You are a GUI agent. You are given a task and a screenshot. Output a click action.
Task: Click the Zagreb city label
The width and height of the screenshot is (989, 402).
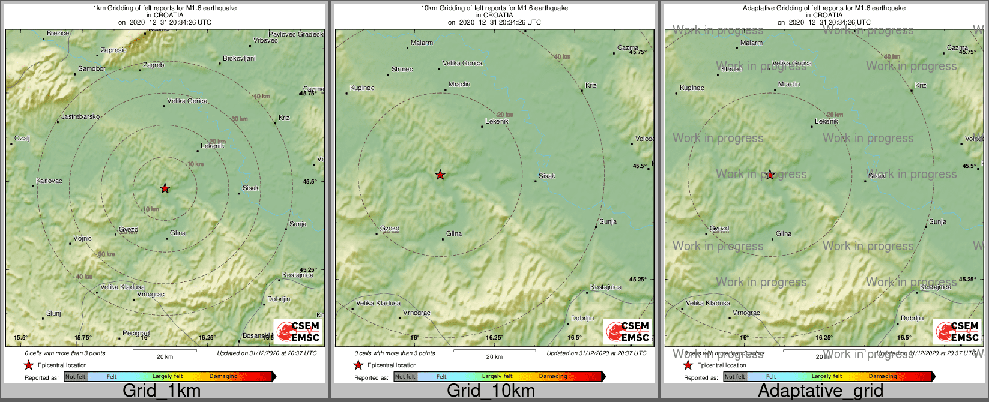pos(153,65)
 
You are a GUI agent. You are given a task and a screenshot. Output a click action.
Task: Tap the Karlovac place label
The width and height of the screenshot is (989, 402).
pos(49,181)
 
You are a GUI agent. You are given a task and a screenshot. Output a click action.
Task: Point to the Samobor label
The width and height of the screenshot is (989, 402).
pos(92,68)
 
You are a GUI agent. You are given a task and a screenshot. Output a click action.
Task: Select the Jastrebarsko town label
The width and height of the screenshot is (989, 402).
pos(80,116)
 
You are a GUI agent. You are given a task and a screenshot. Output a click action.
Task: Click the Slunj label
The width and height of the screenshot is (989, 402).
pos(53,313)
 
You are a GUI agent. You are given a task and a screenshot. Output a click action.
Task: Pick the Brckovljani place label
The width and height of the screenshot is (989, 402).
pos(239,58)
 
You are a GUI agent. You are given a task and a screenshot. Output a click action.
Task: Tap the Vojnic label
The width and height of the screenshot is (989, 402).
pos(83,238)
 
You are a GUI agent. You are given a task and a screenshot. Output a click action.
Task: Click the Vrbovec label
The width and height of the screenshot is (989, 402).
pos(265,40)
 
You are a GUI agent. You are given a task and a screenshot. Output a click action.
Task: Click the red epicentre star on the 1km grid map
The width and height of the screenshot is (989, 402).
pos(165,188)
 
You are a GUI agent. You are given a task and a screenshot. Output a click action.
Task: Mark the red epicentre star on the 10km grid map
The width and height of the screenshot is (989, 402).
pos(440,175)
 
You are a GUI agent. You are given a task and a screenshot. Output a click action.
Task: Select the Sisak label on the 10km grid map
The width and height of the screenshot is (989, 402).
pos(547,176)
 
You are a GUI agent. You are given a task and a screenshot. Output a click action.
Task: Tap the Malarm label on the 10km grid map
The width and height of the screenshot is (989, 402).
pos(422,43)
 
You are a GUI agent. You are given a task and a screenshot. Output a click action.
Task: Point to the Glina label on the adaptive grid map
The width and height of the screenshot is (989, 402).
pos(784,233)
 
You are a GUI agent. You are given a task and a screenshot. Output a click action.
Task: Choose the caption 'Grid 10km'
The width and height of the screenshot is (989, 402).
pos(491,391)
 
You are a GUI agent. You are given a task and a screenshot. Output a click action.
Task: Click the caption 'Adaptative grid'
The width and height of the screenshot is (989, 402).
pos(820,391)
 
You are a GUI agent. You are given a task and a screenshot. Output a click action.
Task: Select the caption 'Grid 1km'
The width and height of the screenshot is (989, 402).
pos(162,391)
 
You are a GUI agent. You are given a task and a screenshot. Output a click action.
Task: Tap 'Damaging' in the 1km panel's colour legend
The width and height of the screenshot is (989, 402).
pos(223,376)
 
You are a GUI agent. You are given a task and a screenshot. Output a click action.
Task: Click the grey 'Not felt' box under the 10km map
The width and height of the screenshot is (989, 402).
pos(405,377)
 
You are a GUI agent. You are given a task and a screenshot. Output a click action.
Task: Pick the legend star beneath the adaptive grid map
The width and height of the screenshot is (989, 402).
pos(688,365)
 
